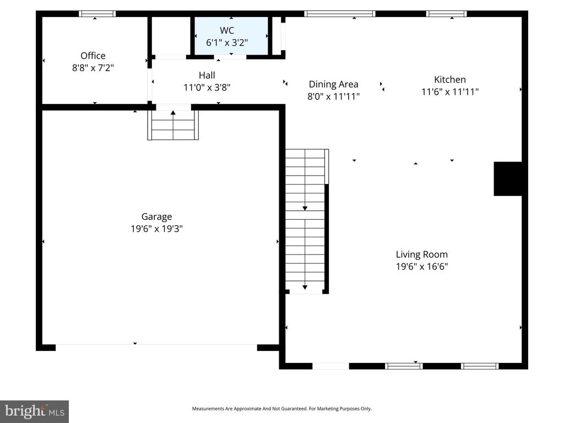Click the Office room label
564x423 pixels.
coord(93,56)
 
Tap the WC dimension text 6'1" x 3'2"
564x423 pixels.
coord(227,42)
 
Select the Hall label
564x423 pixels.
coord(207,75)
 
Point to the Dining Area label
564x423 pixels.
coord(333,84)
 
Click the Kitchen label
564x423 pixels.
coord(449,79)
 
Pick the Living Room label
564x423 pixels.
coord(421,254)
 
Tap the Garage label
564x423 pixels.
coord(156,216)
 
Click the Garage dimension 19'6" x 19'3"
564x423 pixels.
coord(156,229)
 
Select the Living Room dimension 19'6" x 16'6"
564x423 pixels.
coord(421,267)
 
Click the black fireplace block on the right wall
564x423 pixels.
coord(507,178)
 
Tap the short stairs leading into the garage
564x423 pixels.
coord(173,125)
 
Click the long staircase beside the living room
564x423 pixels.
coord(306,220)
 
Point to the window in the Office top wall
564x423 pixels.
coord(97,14)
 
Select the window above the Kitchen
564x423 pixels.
coord(446,14)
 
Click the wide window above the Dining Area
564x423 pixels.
coord(339,14)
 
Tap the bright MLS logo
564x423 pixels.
coord(34,411)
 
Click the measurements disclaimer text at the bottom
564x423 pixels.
coord(281,409)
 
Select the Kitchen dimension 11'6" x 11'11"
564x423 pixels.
coord(449,92)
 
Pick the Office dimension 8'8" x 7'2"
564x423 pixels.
coord(93,68)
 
